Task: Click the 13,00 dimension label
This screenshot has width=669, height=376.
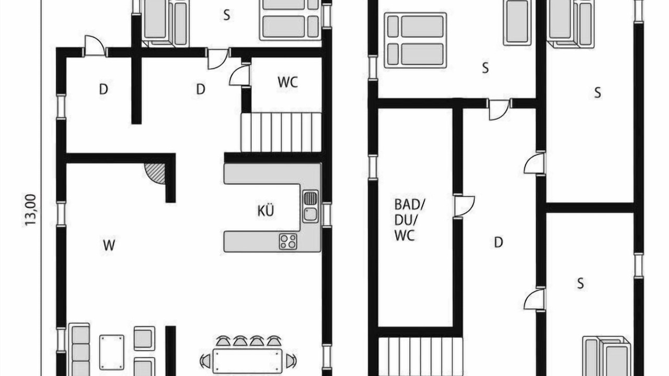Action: pos(30,210)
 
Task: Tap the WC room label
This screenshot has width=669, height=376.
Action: pos(287,83)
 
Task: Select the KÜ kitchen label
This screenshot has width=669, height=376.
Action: pos(266,210)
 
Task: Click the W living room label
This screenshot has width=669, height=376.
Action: pos(109,245)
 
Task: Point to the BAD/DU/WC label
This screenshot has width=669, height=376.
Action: pos(409,220)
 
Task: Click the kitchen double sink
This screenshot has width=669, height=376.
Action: pos(310,206)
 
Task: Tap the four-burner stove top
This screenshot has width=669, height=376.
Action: pos(288,241)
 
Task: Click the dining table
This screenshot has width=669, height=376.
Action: pos(247,361)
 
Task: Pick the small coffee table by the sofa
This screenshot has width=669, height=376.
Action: pos(112,352)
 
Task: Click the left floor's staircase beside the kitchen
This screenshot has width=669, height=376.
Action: pos(281,132)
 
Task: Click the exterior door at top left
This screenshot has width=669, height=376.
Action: pos(95,46)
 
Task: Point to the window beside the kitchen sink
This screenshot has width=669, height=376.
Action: pos(327,215)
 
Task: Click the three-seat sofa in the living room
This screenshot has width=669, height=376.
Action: pos(80,350)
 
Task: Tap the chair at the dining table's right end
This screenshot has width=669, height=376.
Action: pos(291,361)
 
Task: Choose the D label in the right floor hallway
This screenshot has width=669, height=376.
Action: pos(499,242)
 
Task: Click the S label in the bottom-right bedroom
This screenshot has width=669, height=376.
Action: pos(580,283)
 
